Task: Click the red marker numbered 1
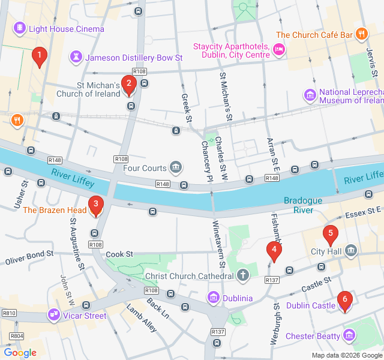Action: pyautogui.click(x=40, y=57)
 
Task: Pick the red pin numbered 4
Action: pyautogui.click(x=274, y=251)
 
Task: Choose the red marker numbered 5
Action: pyautogui.click(x=329, y=235)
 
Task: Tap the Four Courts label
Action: pyautogui.click(x=145, y=168)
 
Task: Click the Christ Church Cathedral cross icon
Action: pyautogui.click(x=242, y=276)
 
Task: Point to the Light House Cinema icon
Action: pyautogui.click(x=20, y=28)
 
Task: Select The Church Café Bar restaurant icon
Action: pyautogui.click(x=361, y=34)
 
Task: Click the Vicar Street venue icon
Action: pyautogui.click(x=55, y=315)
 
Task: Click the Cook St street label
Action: pyautogui.click(x=119, y=254)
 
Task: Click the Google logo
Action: pyautogui.click(x=20, y=353)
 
